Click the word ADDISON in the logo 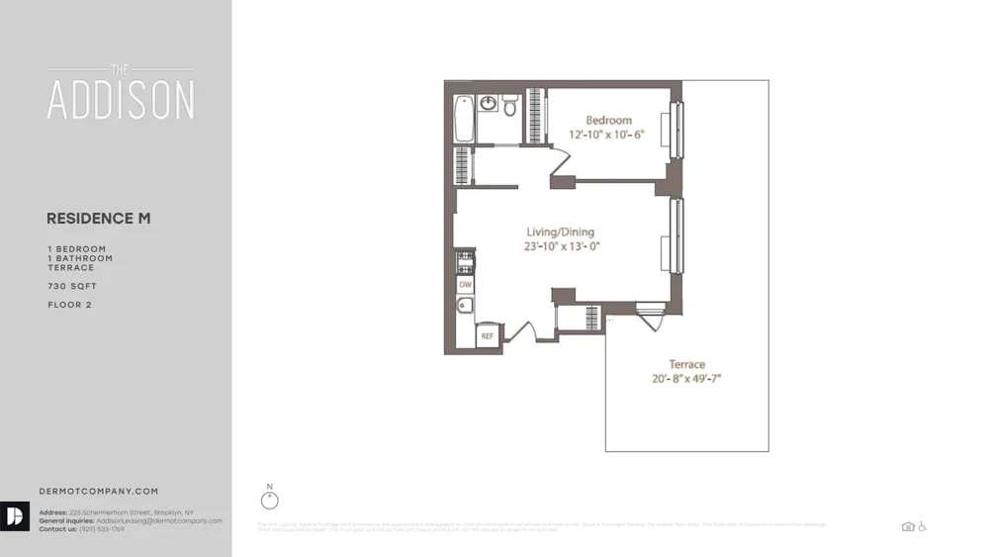pyautogui.click(x=121, y=99)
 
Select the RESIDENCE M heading pyautogui.click(x=99, y=218)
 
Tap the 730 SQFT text pyautogui.click(x=72, y=287)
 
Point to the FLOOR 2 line pyautogui.click(x=69, y=305)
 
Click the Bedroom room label pyautogui.click(x=608, y=120)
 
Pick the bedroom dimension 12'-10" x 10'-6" pyautogui.click(x=606, y=135)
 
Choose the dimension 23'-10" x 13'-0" pyautogui.click(x=563, y=247)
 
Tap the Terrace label pyautogui.click(x=686, y=364)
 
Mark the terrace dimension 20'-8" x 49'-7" pyautogui.click(x=686, y=379)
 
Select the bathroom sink pyautogui.click(x=489, y=104)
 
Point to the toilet pyautogui.click(x=510, y=105)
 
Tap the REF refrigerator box pyautogui.click(x=487, y=336)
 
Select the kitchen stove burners pyautogui.click(x=463, y=261)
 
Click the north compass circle pyautogui.click(x=270, y=501)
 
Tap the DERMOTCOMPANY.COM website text pyautogui.click(x=99, y=491)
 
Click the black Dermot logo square pyautogui.click(x=15, y=517)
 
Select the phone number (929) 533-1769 pyautogui.click(x=97, y=529)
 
